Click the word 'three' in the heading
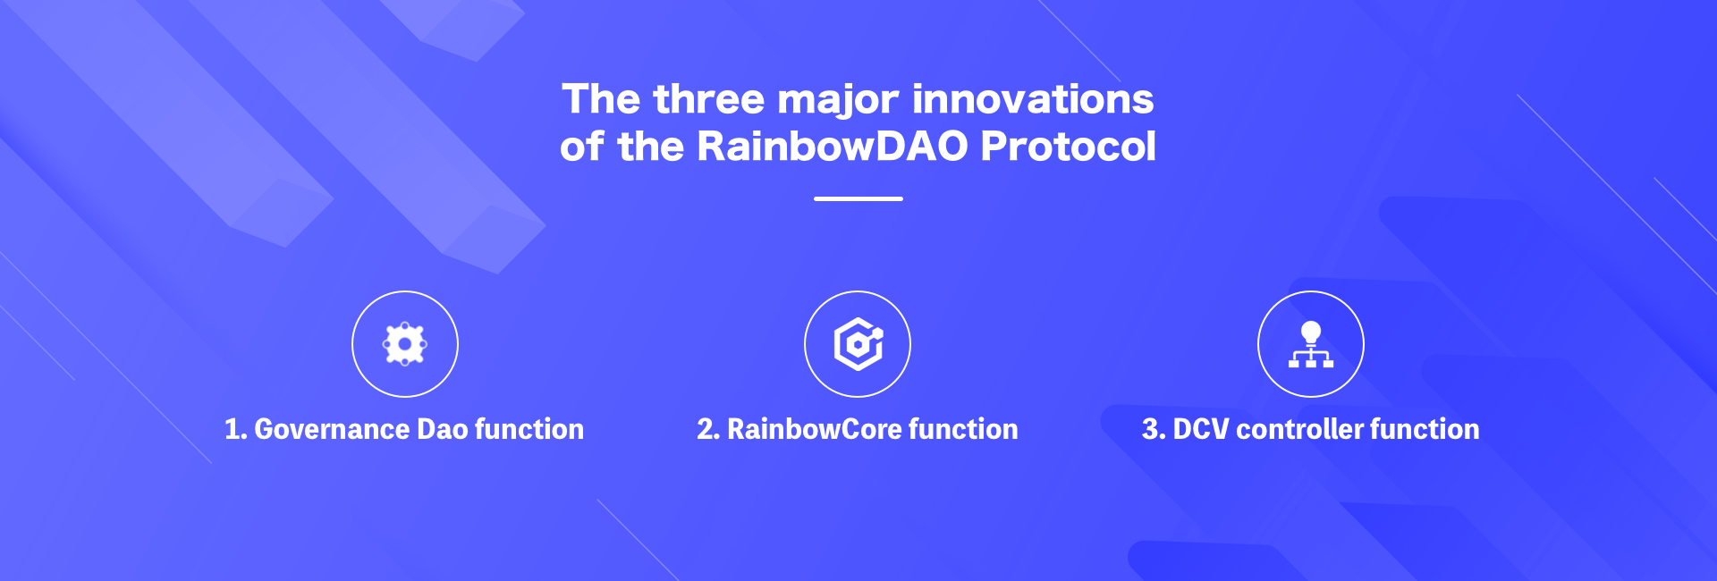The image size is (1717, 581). click(x=709, y=98)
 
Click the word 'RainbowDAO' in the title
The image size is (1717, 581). click(x=833, y=146)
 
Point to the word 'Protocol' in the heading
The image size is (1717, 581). click(x=1069, y=146)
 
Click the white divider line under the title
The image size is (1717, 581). click(x=858, y=198)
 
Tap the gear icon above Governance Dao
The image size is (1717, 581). click(x=405, y=344)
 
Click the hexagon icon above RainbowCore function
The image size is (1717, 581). click(x=858, y=344)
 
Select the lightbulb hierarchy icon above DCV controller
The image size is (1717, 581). click(x=1311, y=344)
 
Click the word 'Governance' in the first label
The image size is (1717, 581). click(x=332, y=429)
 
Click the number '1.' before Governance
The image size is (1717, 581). click(x=235, y=429)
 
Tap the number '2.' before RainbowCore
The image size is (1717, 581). click(x=708, y=429)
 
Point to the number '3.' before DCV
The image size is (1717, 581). click(x=1154, y=429)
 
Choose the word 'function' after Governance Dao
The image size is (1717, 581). click(x=529, y=429)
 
